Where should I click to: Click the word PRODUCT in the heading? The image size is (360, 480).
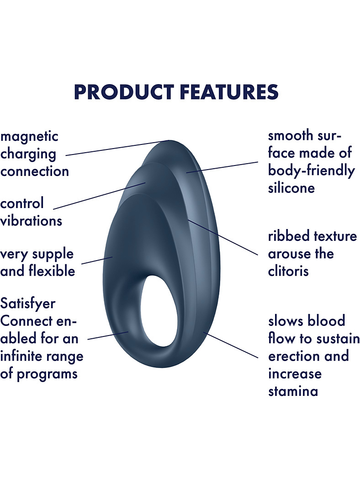click(x=124, y=92)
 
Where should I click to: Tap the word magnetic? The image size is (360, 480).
click(x=29, y=137)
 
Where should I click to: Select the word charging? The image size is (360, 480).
click(x=28, y=155)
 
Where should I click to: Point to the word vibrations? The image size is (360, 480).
click(x=31, y=221)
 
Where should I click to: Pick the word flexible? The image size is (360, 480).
click(x=52, y=271)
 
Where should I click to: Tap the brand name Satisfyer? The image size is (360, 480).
click(x=27, y=304)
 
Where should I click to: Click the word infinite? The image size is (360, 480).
click(x=21, y=356)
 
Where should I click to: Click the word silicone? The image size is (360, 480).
click(x=291, y=187)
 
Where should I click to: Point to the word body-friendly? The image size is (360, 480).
click(x=312, y=171)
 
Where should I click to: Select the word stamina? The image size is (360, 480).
click(x=293, y=391)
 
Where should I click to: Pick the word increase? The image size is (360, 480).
click(x=295, y=374)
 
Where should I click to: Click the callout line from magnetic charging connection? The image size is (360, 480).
click(x=118, y=148)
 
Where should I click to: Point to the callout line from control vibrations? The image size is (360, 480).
click(x=99, y=196)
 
